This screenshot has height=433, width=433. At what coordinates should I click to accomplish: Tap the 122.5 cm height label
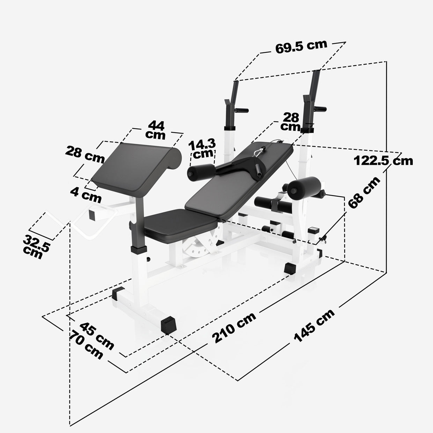[x=383, y=161]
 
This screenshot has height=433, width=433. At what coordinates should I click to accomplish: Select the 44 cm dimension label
[x=156, y=130]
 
